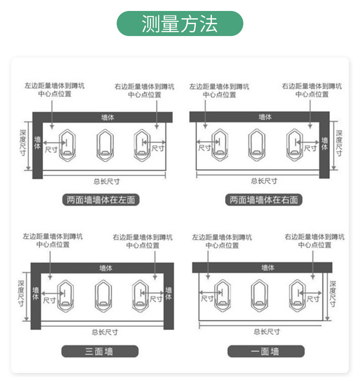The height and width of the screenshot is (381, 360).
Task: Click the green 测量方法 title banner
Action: pyautogui.click(x=180, y=24)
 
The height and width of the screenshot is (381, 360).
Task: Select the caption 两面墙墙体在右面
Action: pyautogui.click(x=264, y=200)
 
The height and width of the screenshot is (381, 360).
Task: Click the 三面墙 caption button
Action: pyautogui.click(x=99, y=351)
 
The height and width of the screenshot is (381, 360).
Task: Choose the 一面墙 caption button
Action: pyautogui.click(x=265, y=351)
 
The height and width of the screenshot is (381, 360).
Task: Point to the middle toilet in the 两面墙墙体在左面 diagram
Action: pyautogui.click(x=104, y=144)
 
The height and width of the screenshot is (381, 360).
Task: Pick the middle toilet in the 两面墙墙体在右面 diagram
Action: pyautogui.click(x=257, y=144)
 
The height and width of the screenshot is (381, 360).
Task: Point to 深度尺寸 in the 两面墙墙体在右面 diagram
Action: pyautogui.click(x=339, y=143)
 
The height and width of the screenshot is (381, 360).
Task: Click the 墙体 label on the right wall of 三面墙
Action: pyautogui.click(x=169, y=293)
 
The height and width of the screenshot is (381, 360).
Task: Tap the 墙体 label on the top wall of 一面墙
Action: pyautogui.click(x=268, y=268)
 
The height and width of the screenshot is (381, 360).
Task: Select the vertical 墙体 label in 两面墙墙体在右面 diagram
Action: pyautogui.click(x=324, y=144)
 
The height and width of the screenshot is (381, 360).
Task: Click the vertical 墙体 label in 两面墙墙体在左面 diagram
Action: pyautogui.click(x=37, y=143)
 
